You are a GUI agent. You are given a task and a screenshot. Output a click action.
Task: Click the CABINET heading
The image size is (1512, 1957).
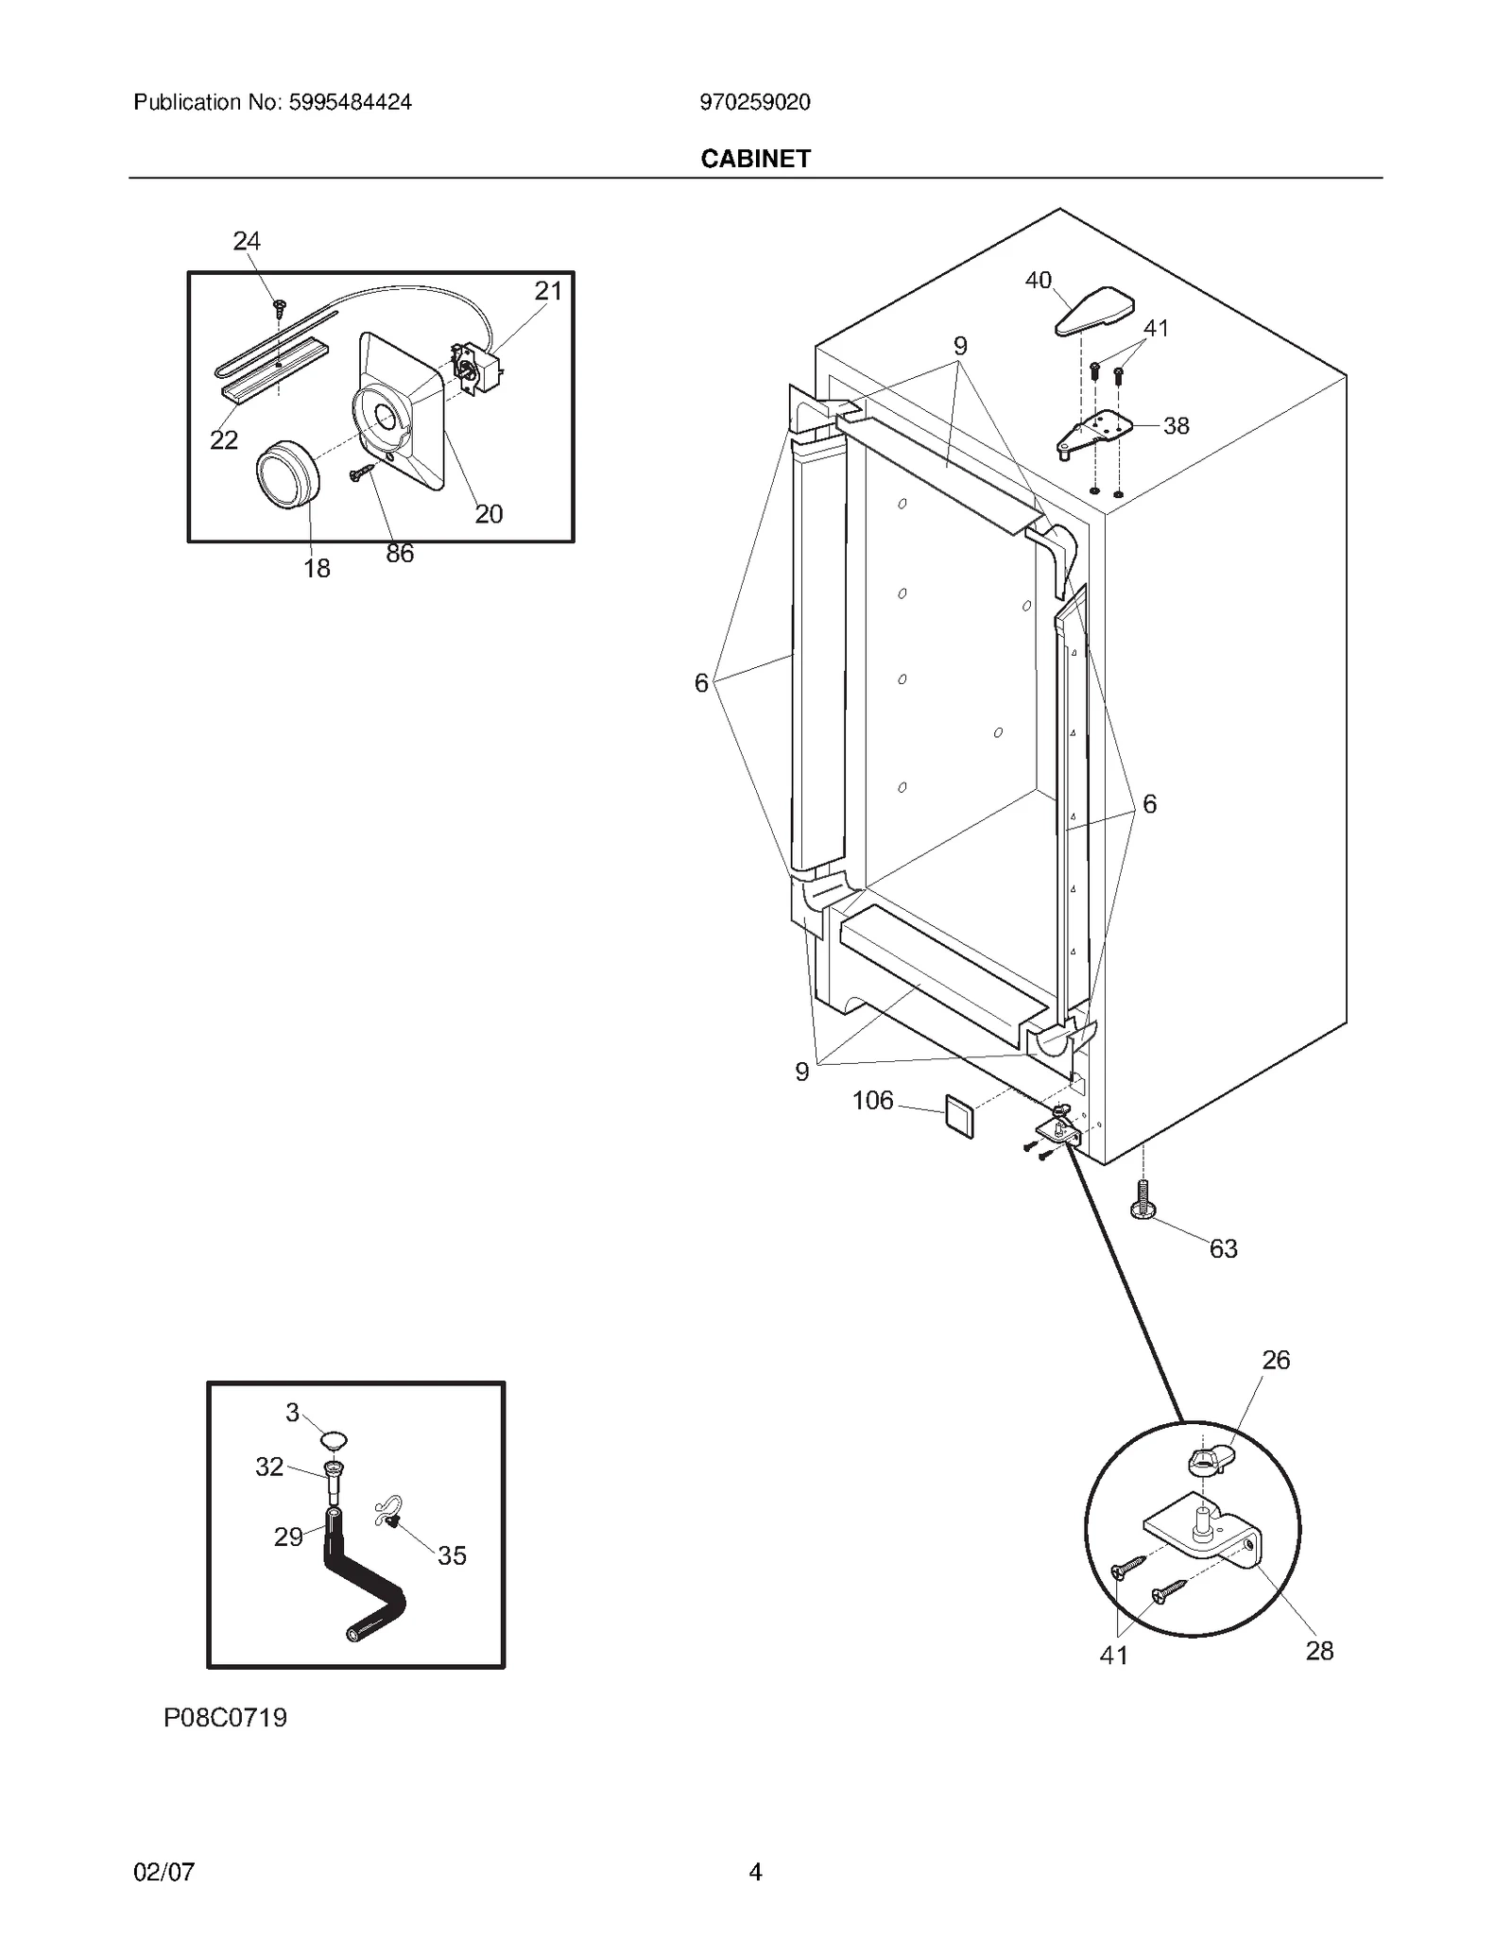pos(755,159)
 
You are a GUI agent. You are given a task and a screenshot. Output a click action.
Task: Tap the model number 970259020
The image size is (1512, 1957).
pos(754,102)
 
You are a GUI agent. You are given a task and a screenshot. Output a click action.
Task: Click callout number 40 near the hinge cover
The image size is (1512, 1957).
pos(1038,280)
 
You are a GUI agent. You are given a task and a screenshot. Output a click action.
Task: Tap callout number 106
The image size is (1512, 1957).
pos(871,1100)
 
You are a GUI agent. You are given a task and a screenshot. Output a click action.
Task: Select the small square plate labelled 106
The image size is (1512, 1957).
pos(959,1118)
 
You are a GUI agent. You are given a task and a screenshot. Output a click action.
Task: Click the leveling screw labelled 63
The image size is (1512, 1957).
pos(1142,1200)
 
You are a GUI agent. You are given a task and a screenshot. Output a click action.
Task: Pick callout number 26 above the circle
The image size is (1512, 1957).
pos(1275,1360)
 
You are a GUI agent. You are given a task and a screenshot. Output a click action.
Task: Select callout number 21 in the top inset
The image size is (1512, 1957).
pos(548,291)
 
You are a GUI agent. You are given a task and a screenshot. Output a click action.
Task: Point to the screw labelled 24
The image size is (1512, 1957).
pos(279,306)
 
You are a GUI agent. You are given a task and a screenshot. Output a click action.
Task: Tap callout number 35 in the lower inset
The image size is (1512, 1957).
pos(452,1555)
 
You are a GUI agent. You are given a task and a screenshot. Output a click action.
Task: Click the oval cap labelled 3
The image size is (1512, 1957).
pos(333,1440)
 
